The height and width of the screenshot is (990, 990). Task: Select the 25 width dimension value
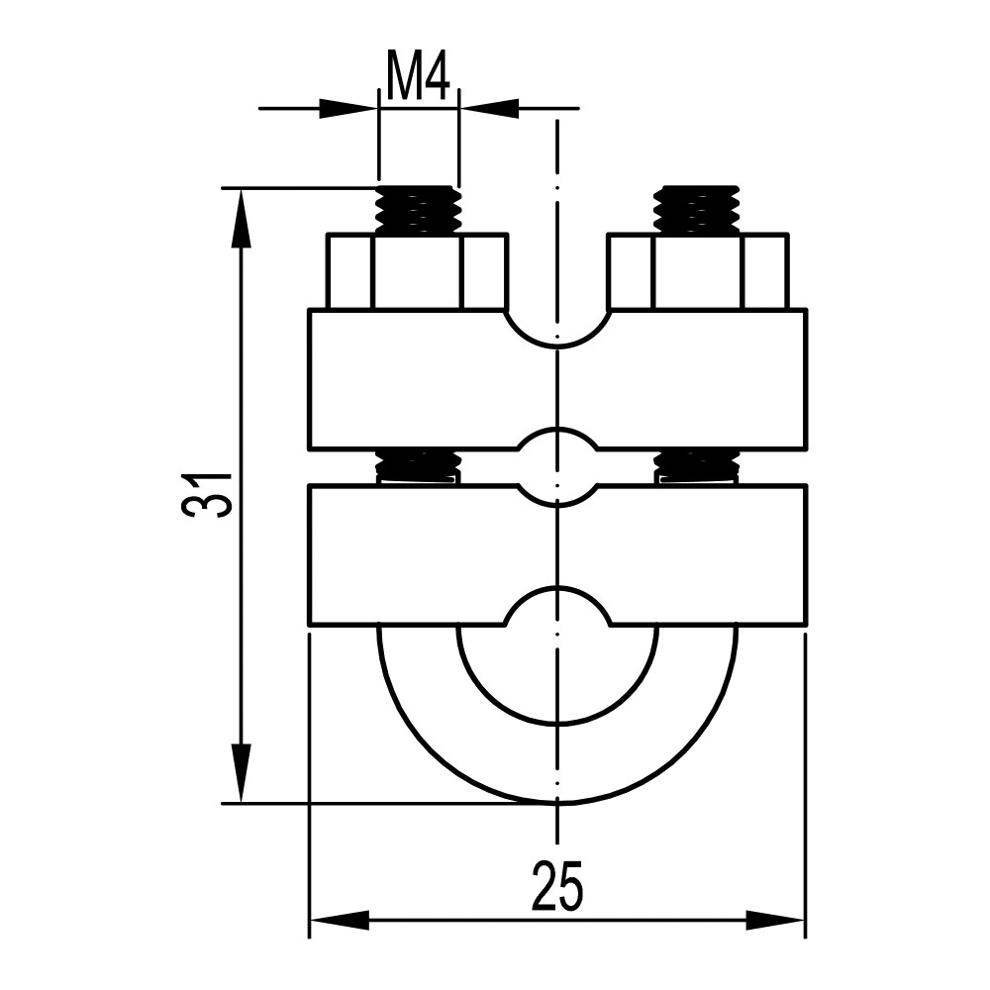pos(556,884)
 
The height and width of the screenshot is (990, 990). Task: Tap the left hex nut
pos(418,271)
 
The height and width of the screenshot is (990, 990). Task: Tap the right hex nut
pos(698,271)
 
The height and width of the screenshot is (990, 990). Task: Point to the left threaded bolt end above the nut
pos(419,210)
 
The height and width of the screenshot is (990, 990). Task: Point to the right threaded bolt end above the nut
pos(697,210)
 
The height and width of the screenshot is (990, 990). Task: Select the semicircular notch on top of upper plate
pos(557,330)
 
